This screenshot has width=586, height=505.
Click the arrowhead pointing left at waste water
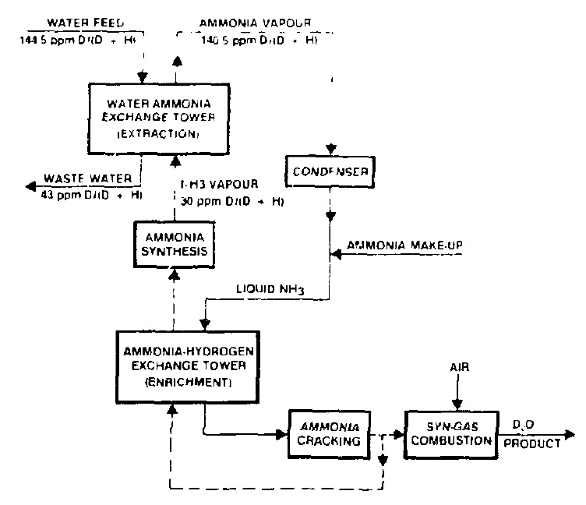pos(31,186)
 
